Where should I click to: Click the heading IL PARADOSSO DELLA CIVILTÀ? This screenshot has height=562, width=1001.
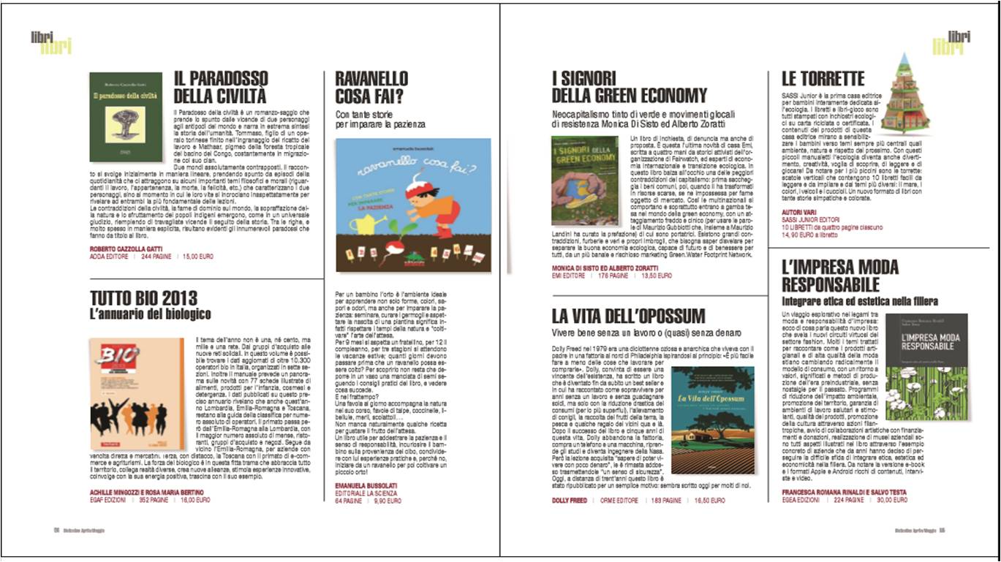click(x=220, y=87)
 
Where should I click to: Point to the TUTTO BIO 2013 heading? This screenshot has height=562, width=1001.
click(x=143, y=298)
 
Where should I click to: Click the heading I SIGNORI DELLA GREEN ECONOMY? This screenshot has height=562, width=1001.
click(x=629, y=87)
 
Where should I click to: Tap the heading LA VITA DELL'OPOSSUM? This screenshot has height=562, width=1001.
click(x=628, y=316)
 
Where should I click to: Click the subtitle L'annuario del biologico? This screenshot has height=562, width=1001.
click(x=150, y=315)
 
